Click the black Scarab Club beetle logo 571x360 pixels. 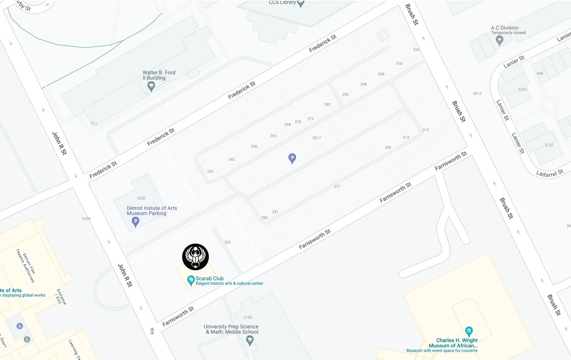tap(195, 257)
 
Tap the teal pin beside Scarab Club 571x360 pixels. tap(191, 280)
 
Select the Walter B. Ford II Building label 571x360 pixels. tap(159, 75)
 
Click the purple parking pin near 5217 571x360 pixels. tap(292, 158)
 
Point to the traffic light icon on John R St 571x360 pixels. tap(152, 331)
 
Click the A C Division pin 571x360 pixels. tap(499, 40)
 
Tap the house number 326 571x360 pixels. tap(416, 50)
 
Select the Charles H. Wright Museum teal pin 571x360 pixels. tap(469, 331)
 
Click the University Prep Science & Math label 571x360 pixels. tap(231, 329)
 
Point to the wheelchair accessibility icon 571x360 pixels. tap(20, 326)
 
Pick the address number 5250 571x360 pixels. tap(141, 198)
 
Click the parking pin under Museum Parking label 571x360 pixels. tap(135, 222)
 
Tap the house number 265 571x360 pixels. tap(227, 242)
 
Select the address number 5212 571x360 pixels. tap(477, 94)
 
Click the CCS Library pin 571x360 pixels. tap(301, 3)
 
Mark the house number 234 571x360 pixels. tap(210, 172)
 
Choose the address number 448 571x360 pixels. tap(540, 73)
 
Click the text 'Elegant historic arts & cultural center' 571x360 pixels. tap(229, 284)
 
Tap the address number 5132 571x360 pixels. tap(549, 145)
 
